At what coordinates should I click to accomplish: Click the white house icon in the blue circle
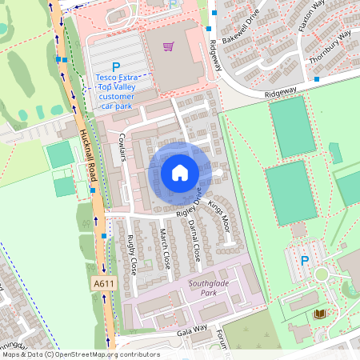coord(179,172)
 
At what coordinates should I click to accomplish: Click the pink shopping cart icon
coord(168,46)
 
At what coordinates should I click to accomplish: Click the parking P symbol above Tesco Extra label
coord(116,67)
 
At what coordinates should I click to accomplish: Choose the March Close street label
coord(164,247)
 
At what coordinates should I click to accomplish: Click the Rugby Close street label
coord(132,254)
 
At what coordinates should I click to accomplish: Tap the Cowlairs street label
coord(123,147)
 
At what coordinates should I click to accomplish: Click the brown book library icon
coord(320,314)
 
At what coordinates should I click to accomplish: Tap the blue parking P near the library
coord(304,260)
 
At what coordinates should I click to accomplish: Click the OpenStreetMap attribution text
coord(80,354)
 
